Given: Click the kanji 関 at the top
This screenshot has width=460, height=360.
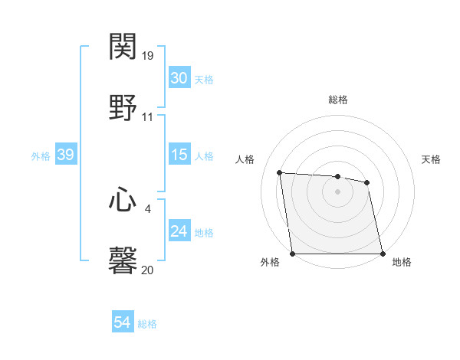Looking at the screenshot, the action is pos(123,47).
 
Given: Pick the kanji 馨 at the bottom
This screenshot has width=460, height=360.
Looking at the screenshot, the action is pos(123,260).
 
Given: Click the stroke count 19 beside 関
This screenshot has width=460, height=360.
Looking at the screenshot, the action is pos(148,56).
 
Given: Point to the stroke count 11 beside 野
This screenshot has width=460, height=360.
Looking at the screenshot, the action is pos(148,117).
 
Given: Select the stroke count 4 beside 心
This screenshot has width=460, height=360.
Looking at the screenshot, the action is pos(148,208).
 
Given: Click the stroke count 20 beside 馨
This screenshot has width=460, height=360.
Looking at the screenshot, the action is pos(148,270).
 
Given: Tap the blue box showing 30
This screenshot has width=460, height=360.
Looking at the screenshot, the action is pos(179,78).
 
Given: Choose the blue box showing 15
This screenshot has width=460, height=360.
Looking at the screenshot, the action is pos(179,155).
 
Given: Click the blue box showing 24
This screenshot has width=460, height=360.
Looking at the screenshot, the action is pos(179,231).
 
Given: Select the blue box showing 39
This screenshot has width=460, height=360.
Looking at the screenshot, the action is pos(65,155).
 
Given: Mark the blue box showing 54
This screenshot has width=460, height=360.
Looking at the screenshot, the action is pos(122,323).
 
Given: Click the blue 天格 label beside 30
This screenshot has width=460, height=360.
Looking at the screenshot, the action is pos(204,79).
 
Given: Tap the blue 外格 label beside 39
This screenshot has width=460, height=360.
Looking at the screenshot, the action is pos(41,155).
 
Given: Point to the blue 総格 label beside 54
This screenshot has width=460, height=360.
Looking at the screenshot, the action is pos(147,324).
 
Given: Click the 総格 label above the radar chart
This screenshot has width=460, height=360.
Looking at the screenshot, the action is pos(338,100).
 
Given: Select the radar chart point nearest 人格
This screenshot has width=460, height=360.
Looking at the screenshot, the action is pos(280,172).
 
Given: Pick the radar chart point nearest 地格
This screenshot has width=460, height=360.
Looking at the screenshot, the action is pos(383,254).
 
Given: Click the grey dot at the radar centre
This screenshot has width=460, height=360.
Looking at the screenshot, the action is pos(338,191).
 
